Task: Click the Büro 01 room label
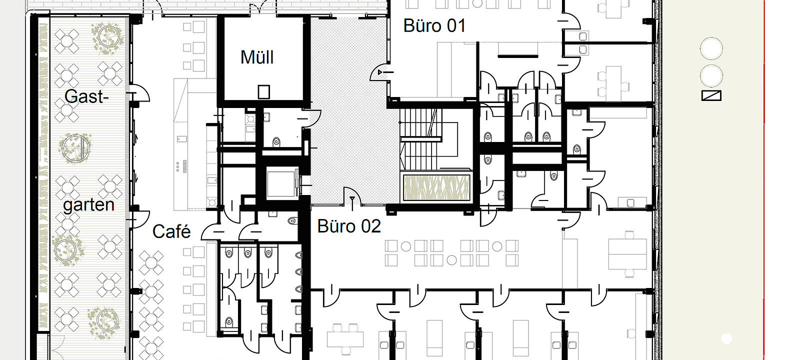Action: [x=434, y=25]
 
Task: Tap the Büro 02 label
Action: [x=349, y=226]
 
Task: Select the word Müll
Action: [x=257, y=57]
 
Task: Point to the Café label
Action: [x=171, y=231]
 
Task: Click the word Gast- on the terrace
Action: [x=86, y=96]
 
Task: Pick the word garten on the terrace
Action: [x=88, y=205]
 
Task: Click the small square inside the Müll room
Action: [x=263, y=92]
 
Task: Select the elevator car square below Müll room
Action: [x=282, y=183]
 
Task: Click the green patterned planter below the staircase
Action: [x=436, y=188]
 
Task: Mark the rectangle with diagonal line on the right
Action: [x=711, y=95]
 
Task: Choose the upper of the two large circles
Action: [x=711, y=49]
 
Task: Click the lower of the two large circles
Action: [x=711, y=76]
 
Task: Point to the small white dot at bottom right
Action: [x=726, y=339]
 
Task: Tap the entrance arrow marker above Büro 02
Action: [x=352, y=201]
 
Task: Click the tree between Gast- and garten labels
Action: [x=75, y=146]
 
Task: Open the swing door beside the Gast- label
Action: [x=140, y=94]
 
